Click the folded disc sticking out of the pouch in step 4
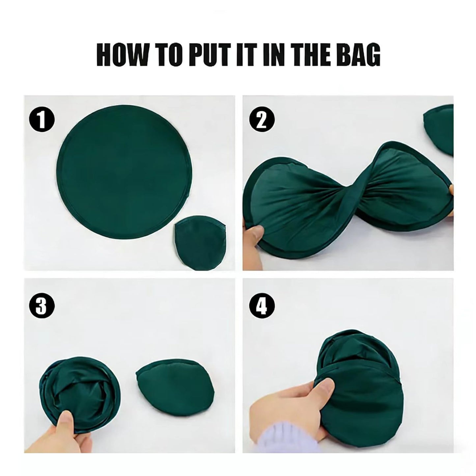click(x=356, y=351)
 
